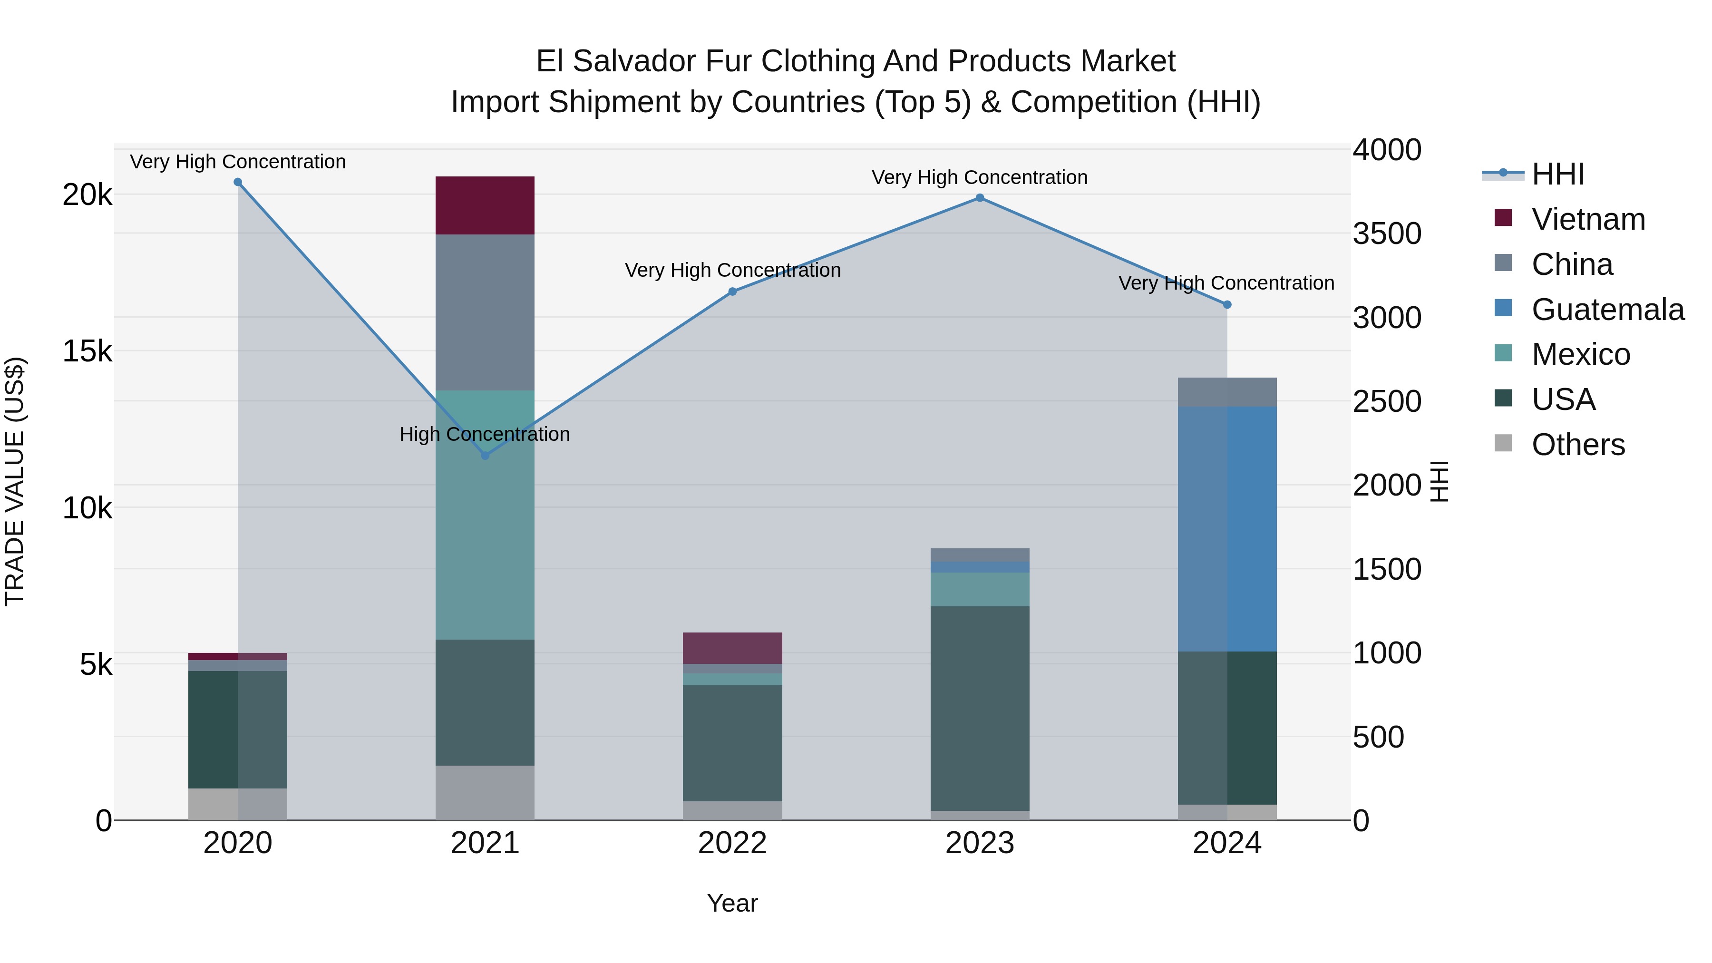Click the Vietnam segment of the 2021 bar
coord(485,205)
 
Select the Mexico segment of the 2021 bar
coord(485,515)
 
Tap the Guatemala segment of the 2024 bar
coord(1227,529)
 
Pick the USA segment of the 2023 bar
coord(980,709)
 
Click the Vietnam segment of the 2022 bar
coord(732,648)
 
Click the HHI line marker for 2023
coord(980,198)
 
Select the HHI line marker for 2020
coord(238,182)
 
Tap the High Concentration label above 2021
coord(485,435)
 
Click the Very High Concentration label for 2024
coord(1226,283)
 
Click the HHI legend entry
coord(1557,174)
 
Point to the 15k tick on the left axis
coord(87,351)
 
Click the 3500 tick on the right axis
coord(1387,234)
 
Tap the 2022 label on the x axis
coord(732,843)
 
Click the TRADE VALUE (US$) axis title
coord(15,482)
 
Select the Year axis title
coord(732,903)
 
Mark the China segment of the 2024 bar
coord(1227,392)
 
